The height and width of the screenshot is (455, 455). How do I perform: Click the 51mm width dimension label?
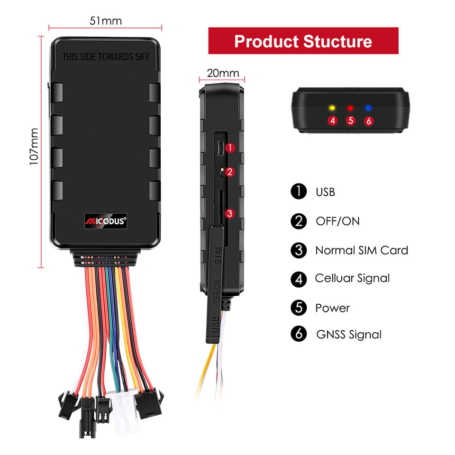tap(105, 21)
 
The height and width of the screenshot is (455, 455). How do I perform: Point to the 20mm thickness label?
tap(223, 73)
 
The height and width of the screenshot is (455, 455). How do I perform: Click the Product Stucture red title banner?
tap(303, 41)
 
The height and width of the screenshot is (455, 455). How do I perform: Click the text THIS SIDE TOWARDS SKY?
tap(106, 57)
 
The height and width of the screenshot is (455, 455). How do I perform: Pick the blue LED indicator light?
tap(368, 108)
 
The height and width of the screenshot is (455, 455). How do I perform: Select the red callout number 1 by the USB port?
tap(230, 148)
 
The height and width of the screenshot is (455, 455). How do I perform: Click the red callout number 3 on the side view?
tap(230, 213)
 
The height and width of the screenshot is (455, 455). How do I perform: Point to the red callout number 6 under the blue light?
tap(369, 121)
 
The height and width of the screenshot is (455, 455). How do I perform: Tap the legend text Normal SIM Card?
tap(361, 250)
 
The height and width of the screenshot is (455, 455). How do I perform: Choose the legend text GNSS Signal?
tap(348, 335)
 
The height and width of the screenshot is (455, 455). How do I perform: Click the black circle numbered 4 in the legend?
tap(299, 279)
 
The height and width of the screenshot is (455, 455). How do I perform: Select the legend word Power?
tap(332, 308)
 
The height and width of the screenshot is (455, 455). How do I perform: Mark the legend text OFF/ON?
tap(337, 221)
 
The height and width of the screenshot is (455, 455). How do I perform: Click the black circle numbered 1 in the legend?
tap(299, 192)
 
